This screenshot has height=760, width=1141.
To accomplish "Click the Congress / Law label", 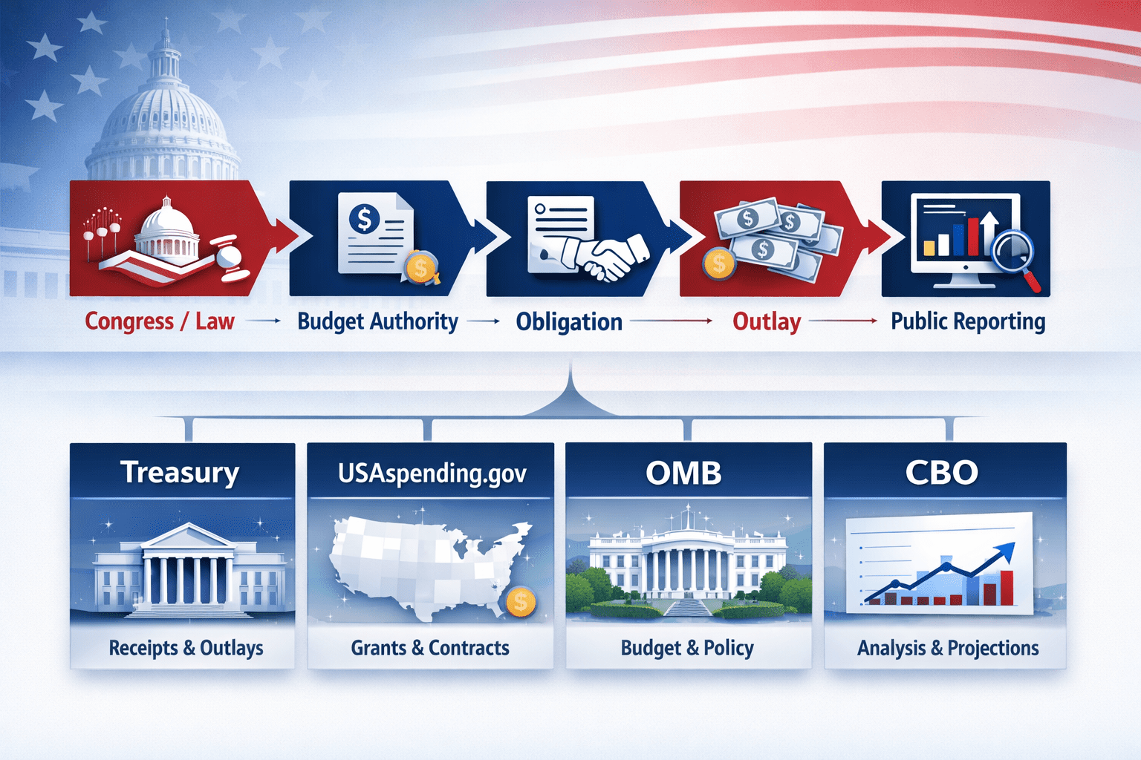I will [x=160, y=321].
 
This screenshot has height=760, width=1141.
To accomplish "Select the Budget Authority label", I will [x=377, y=321].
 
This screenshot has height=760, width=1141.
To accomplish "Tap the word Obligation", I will [x=569, y=322].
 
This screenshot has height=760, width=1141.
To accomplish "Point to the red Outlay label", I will [x=767, y=321].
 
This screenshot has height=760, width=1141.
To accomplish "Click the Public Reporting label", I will [x=968, y=321].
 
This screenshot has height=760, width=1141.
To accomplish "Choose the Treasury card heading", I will [x=180, y=472].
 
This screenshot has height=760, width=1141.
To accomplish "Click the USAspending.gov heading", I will [x=432, y=473].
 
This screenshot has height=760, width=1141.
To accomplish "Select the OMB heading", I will [x=683, y=473].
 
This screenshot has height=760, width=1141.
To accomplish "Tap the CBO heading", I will [x=942, y=473].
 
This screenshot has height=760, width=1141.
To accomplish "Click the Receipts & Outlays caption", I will [x=186, y=648].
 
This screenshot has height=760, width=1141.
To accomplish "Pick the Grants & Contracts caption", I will [x=430, y=648].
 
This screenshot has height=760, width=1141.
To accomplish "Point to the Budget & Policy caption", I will [x=687, y=648].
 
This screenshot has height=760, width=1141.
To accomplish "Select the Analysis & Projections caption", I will [x=948, y=648].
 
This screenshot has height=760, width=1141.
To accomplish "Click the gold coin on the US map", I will [x=520, y=601].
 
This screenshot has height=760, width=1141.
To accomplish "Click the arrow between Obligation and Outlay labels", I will [x=672, y=321].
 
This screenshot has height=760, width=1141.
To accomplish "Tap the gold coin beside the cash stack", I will [x=718, y=263].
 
